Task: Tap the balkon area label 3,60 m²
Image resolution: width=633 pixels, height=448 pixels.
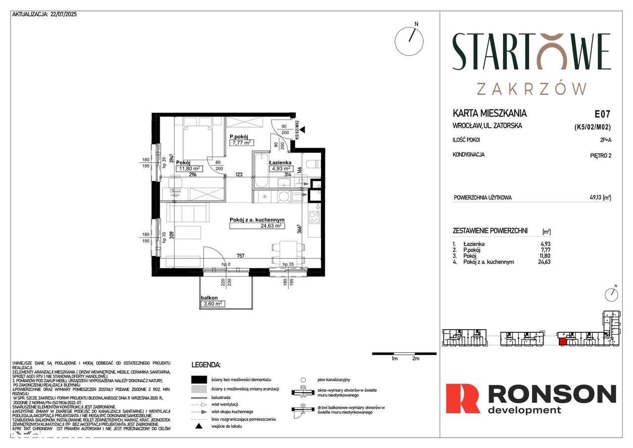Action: (213, 304)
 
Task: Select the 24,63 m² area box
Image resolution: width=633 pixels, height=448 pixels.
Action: (257, 226)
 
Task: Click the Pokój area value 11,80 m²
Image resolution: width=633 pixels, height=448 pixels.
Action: (188, 168)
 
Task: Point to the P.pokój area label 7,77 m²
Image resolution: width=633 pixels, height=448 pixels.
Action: (241, 143)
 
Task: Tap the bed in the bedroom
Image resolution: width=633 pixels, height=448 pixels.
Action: (198, 139)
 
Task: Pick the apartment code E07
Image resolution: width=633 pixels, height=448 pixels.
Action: (602, 113)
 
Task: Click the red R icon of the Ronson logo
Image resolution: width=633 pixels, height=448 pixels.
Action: (462, 398)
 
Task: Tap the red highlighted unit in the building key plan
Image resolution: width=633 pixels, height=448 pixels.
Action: (562, 340)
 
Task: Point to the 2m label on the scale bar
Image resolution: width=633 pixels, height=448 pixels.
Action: (415, 358)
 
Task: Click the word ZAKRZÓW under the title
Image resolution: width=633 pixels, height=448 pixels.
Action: (532, 89)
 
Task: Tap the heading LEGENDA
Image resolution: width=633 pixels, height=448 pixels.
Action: (206, 365)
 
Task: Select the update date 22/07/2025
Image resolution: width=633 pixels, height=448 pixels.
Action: (64, 14)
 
